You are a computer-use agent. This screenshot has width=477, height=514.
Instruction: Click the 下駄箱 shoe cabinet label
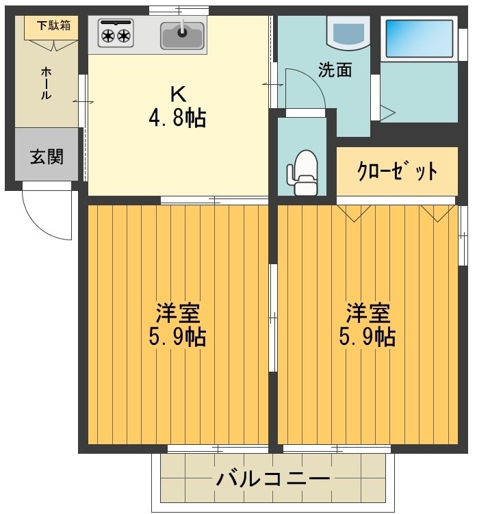pyautogui.click(x=53, y=27)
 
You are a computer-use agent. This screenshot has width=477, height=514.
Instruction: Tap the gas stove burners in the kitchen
pyautogui.click(x=115, y=34)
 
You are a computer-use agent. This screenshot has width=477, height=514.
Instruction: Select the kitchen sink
pyautogui.click(x=182, y=35)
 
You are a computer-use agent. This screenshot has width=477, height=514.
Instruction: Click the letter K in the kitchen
pyautogui.click(x=177, y=92)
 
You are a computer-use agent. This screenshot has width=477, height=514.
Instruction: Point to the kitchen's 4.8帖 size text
pyautogui.click(x=177, y=118)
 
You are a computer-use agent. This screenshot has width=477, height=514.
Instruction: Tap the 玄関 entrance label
pyautogui.click(x=47, y=157)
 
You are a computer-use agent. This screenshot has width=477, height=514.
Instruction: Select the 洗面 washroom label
pyautogui.click(x=335, y=70)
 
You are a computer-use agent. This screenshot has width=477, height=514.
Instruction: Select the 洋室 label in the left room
pyautogui.click(x=177, y=313)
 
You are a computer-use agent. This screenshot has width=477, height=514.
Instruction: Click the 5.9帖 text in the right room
pyautogui.click(x=368, y=337)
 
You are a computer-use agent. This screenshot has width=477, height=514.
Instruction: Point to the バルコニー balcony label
pyautogui.click(x=273, y=478)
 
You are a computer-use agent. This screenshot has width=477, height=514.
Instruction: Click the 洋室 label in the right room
pyautogui.click(x=368, y=313)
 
